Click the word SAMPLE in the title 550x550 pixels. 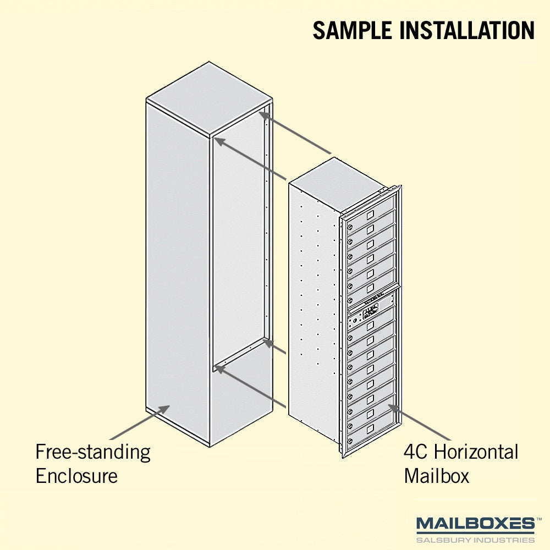click(x=352, y=30)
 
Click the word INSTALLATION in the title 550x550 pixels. click(x=467, y=30)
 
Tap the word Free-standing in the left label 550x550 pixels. click(x=93, y=453)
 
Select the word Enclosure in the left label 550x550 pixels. click(x=76, y=476)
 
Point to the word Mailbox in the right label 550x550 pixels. click(x=437, y=476)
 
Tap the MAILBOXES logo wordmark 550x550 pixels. click(x=476, y=524)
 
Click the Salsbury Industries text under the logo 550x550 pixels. click(x=476, y=540)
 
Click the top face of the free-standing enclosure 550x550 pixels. click(x=209, y=98)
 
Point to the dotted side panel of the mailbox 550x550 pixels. click(x=314, y=309)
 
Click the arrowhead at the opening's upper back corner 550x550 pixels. click(x=264, y=115)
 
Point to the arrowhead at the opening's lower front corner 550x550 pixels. click(x=219, y=369)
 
